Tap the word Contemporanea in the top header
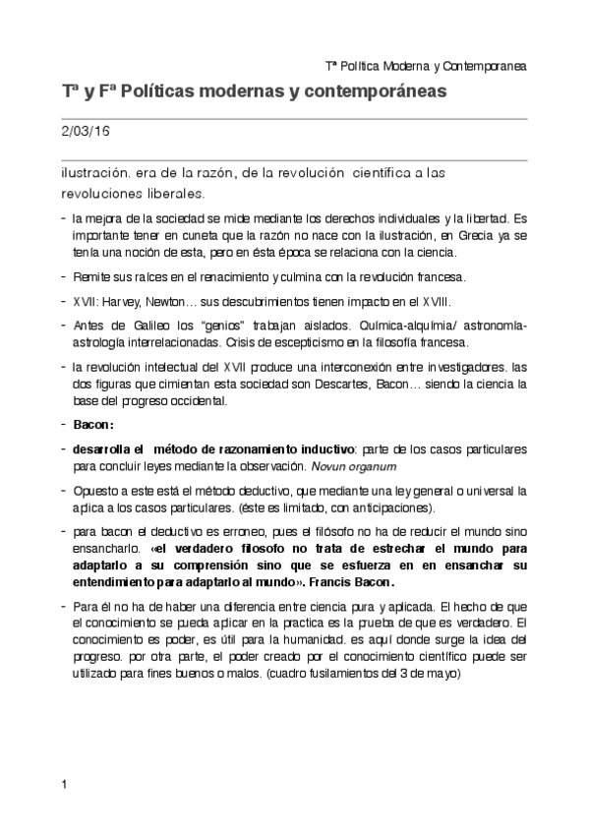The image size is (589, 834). [x=485, y=67]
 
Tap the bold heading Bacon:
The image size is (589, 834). [x=93, y=425]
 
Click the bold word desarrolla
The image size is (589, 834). [x=101, y=448]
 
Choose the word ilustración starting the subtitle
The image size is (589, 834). [x=94, y=173]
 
